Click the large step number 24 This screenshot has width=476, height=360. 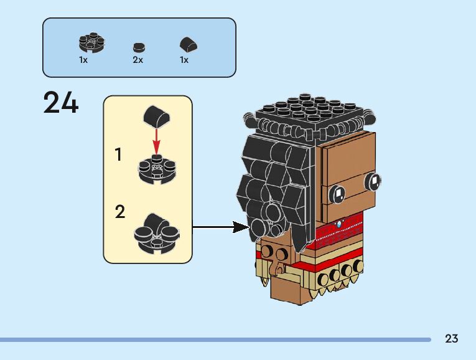tap(61, 102)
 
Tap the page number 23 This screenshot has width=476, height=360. tap(451, 339)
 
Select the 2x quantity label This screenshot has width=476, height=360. tap(138, 60)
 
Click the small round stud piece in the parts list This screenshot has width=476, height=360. tap(138, 47)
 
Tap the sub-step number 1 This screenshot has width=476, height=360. tap(119, 154)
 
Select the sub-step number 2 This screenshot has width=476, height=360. tap(120, 212)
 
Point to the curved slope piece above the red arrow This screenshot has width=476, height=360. tap(156, 116)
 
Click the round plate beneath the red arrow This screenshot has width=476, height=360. tap(156, 169)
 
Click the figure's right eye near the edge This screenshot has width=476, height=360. tap(374, 181)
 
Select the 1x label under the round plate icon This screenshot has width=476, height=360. tap(83, 60)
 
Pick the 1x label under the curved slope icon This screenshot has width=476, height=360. tap(184, 60)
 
